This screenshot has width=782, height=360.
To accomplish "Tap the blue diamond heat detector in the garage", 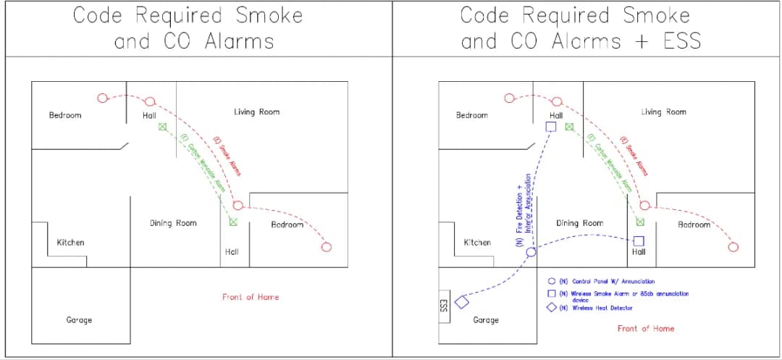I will point(462,301).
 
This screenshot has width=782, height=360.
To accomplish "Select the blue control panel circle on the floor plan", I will point(531,252).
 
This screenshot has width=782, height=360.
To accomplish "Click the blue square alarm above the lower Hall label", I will point(639,240).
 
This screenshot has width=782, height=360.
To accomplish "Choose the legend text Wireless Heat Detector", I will point(602,308).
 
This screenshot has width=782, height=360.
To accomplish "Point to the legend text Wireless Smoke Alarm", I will point(620,293).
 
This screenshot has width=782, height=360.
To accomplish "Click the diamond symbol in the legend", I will point(552,308).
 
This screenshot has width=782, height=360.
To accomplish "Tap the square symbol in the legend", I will point(552,293).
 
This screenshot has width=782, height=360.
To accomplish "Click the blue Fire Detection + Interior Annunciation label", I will point(523,211).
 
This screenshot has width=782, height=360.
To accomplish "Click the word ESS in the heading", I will point(682,41).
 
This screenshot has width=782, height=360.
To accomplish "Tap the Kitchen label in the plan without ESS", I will point(70,242).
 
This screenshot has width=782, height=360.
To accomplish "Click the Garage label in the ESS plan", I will point(485,319).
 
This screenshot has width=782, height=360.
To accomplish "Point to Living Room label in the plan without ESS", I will point(256,112).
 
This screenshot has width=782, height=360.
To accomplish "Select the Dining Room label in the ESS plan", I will point(579,223).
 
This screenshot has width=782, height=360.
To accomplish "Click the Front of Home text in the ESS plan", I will point(645,328).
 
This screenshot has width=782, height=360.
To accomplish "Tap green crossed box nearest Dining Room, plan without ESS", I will point(233,222).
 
